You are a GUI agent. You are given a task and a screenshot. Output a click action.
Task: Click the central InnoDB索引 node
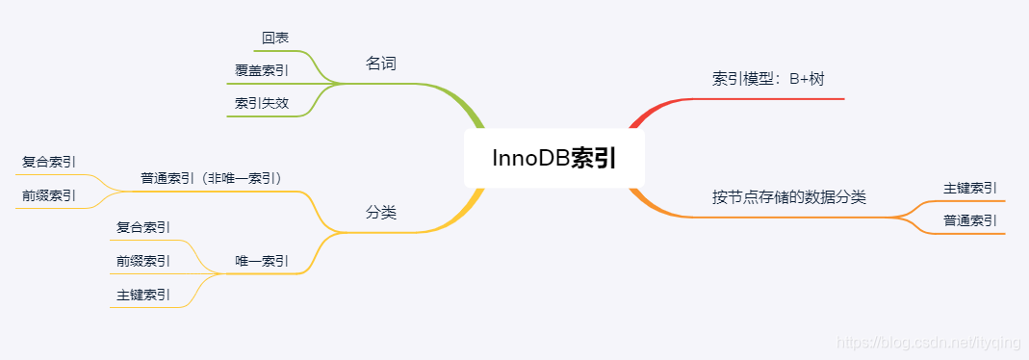point(553,159)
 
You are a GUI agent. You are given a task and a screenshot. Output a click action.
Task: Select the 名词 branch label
point(381,64)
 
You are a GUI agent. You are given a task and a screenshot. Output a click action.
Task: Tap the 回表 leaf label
point(275,38)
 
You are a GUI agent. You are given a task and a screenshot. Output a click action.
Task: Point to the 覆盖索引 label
point(261,69)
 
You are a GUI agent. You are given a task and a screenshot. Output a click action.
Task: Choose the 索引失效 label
point(261,102)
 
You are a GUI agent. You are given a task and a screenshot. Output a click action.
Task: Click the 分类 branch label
point(381,213)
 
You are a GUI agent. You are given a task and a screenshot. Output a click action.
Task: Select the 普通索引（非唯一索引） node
point(211,178)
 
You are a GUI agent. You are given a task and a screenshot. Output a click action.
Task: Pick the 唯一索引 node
point(261,261)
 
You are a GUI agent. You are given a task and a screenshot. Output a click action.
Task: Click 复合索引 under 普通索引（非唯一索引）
point(49,162)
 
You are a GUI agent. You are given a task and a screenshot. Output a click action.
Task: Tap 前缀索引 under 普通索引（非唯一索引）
point(49,194)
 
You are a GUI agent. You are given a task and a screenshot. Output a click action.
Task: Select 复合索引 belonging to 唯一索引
point(143,227)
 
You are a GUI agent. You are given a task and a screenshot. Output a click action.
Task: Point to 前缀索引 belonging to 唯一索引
point(143,260)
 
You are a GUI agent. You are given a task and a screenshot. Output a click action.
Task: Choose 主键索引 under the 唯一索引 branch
point(143,295)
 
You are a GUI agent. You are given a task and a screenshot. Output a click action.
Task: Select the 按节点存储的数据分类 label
point(789,197)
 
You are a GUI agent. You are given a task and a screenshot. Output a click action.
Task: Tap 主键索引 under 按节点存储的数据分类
point(969,188)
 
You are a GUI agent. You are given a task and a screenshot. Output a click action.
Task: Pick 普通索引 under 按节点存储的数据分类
point(969,220)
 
